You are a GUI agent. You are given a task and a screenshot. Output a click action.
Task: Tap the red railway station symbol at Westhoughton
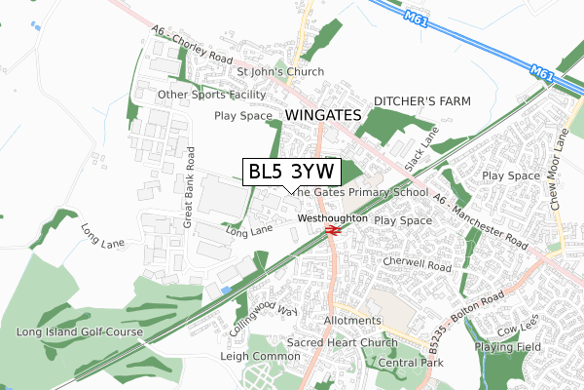pyautogui.click(x=333, y=230)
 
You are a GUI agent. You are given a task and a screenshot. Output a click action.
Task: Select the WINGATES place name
pyautogui.click(x=324, y=115)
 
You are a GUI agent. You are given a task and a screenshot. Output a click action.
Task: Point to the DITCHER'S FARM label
pyautogui.click(x=422, y=101)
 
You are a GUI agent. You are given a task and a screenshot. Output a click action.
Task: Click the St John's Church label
pyautogui.click(x=280, y=71)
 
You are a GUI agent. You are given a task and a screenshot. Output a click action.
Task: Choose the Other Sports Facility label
pyautogui.click(x=212, y=95)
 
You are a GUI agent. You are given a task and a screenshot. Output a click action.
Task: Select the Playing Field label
pyautogui.click(x=507, y=346)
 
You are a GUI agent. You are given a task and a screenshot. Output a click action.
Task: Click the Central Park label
pyautogui.click(x=411, y=363)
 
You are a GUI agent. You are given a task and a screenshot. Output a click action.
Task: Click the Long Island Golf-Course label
pyautogui.click(x=80, y=332)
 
